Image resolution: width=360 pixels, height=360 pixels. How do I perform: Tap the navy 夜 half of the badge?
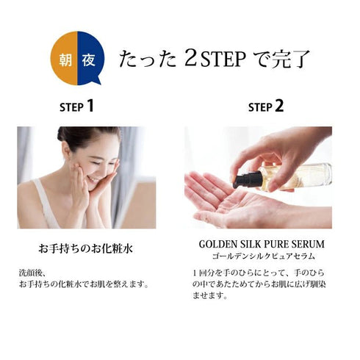(x=87, y=58)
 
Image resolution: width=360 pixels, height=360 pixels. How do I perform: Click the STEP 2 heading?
(x=265, y=107)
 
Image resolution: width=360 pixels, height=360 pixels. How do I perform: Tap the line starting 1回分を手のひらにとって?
(x=257, y=273)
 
